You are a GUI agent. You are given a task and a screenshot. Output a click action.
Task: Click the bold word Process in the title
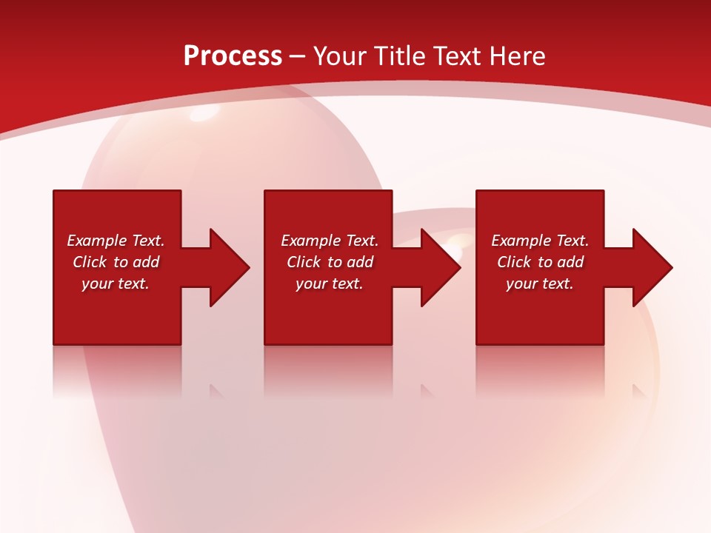[x=233, y=56]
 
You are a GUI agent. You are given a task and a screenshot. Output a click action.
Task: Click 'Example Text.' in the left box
[x=116, y=241]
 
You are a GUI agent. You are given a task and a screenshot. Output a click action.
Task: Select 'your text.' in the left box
[x=116, y=284]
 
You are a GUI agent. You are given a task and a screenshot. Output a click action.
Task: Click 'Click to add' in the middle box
[x=330, y=262]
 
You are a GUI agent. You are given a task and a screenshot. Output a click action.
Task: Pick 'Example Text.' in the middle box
[x=330, y=241]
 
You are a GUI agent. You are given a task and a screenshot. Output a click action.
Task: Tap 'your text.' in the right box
[x=540, y=284]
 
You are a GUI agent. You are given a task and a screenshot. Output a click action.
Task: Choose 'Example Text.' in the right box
[x=540, y=241]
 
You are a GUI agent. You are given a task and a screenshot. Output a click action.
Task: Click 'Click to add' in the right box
[x=540, y=262]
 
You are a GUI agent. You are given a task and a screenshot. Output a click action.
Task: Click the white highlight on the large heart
[x=204, y=114]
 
